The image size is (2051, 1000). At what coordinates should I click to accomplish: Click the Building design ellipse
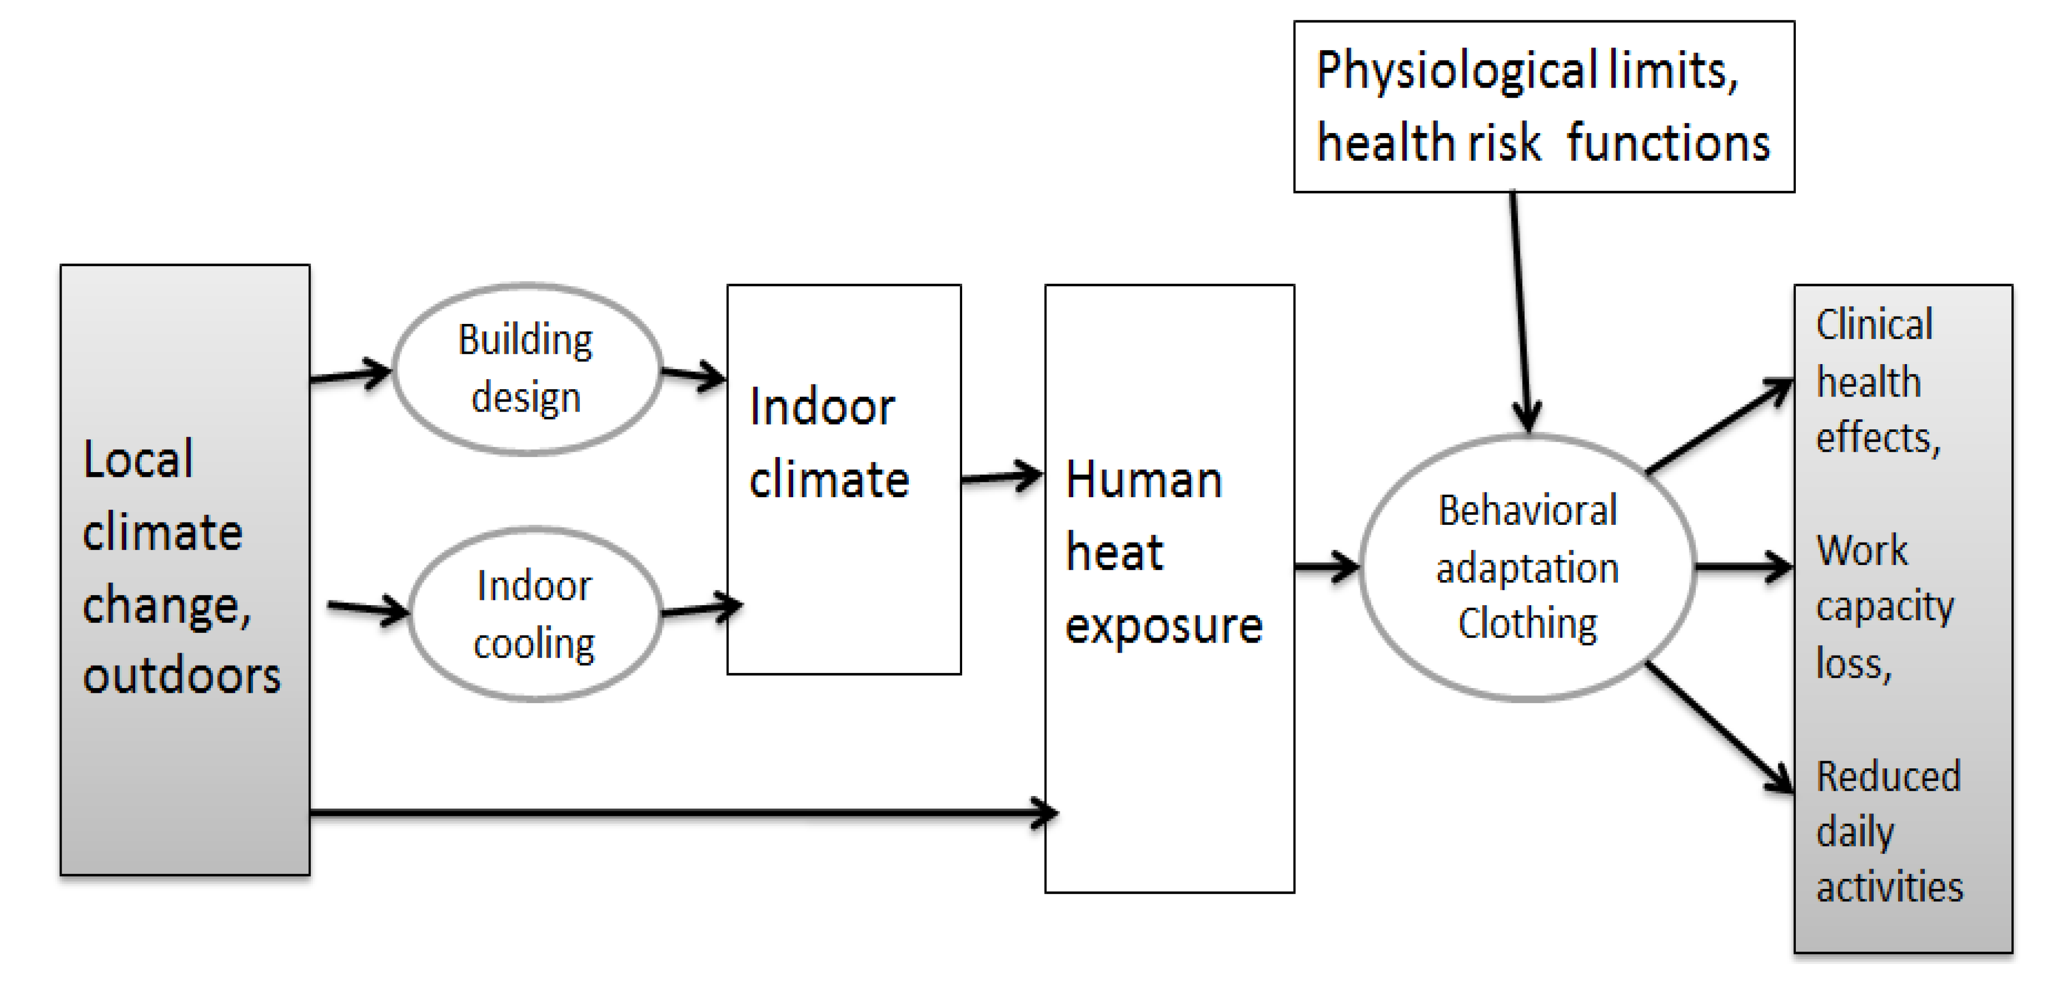point(527,369)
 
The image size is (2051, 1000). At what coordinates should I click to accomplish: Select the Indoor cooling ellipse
point(535,614)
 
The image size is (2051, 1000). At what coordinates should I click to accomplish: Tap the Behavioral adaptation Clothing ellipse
point(1527,567)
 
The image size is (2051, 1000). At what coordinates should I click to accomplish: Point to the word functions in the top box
point(1668,143)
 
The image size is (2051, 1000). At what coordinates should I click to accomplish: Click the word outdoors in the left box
point(182,676)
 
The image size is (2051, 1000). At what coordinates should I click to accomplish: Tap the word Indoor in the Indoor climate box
point(822,407)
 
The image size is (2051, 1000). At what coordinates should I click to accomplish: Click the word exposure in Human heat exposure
point(1163,626)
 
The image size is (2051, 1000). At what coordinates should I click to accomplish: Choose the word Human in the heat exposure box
point(1143,481)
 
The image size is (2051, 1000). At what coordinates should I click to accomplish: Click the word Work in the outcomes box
point(1862,550)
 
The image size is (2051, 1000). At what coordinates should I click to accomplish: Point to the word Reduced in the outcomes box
point(1888,776)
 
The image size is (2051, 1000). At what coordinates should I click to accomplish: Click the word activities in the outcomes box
point(1889,887)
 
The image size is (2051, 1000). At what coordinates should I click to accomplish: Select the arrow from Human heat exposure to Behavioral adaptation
point(1326,567)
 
